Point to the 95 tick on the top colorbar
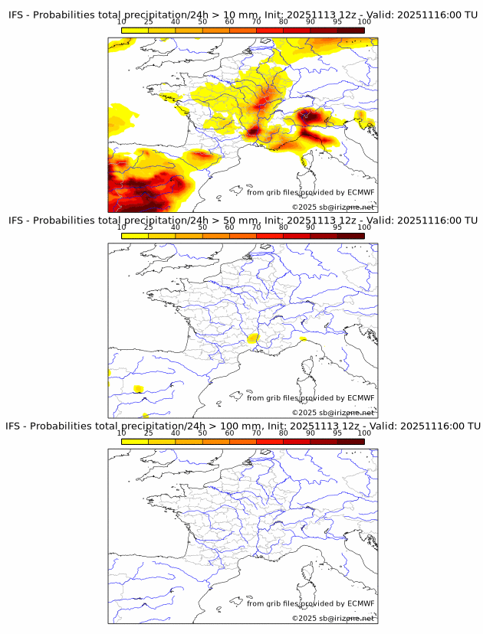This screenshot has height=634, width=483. click(x=337, y=21)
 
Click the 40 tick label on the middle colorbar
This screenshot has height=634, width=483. click(x=176, y=227)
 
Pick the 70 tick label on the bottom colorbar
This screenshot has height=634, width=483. click(x=256, y=433)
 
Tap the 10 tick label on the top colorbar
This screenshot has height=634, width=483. click(x=122, y=21)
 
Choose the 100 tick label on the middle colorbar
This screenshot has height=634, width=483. click(x=364, y=227)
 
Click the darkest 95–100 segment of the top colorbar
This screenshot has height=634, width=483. click(x=350, y=29)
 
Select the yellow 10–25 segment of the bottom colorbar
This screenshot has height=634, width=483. click(x=135, y=441)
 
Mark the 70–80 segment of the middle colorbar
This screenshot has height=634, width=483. click(x=270, y=235)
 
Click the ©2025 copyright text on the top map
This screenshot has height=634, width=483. click(x=333, y=207)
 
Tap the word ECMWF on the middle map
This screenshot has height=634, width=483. click(x=360, y=398)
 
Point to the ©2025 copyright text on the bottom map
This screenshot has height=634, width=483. click(x=333, y=618)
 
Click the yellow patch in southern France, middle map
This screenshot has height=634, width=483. click(x=254, y=337)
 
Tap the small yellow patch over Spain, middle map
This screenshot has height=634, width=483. click(x=139, y=389)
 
